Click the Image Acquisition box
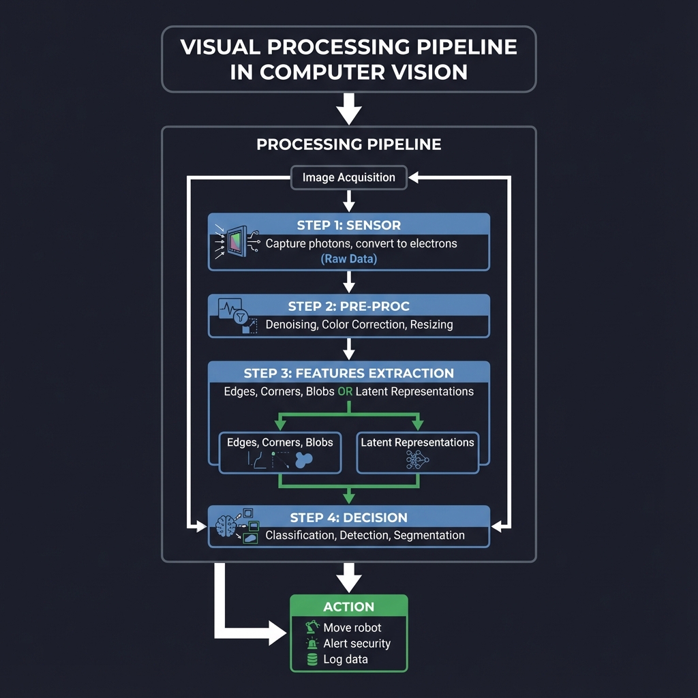[x=348, y=177]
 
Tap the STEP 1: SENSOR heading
[x=348, y=226]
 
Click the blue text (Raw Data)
[x=348, y=259]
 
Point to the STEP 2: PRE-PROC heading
[x=348, y=306]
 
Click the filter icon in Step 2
[x=239, y=317]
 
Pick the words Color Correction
[x=363, y=324]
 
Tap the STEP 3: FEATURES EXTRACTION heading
[x=348, y=373]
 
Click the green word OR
[x=345, y=391]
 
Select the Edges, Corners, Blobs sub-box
[x=279, y=452]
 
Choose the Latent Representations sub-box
[x=417, y=452]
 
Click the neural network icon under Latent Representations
[x=416, y=461]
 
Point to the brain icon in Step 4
[x=226, y=526]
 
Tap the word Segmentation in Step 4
[x=429, y=535]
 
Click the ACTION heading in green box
[x=348, y=607]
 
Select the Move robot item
[x=352, y=627]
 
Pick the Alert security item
[x=356, y=643]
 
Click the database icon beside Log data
[x=313, y=659]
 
